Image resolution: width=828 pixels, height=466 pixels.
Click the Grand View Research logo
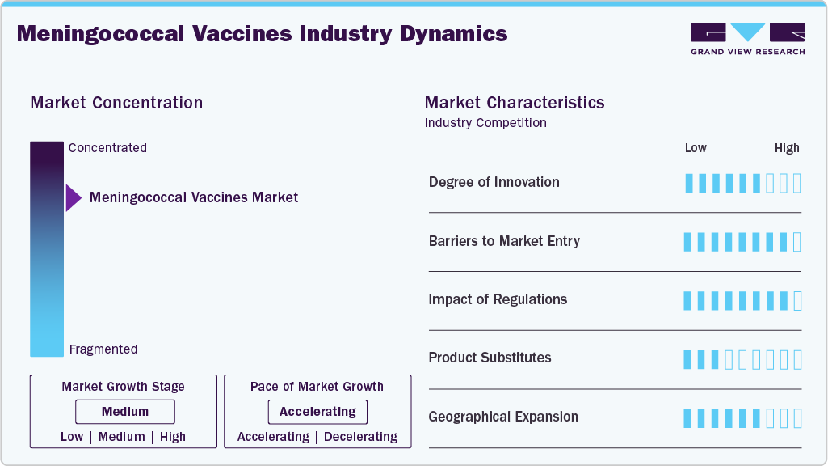tap(747, 39)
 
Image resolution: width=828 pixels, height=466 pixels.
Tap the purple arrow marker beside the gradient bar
tap(73, 197)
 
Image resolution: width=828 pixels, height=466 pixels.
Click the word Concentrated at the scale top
tap(107, 148)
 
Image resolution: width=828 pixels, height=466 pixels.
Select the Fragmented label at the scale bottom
tap(103, 349)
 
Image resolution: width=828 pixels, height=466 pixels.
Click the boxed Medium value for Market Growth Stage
tap(125, 412)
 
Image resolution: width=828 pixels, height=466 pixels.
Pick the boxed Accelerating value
tap(317, 412)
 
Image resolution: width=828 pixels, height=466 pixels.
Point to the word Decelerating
tap(360, 437)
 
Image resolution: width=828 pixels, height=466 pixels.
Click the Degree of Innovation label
tap(494, 182)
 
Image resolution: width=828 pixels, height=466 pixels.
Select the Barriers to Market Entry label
tap(504, 241)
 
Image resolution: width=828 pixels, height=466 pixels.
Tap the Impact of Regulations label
tap(498, 299)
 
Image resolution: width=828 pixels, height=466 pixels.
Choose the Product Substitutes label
tap(490, 358)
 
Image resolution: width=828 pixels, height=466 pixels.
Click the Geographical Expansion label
tap(503, 417)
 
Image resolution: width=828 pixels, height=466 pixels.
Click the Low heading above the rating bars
tap(696, 148)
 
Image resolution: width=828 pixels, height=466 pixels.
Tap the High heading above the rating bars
tap(787, 148)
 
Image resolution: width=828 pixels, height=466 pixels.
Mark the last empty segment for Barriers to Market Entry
tap(797, 242)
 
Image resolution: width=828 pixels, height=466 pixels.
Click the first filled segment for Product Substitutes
tap(688, 359)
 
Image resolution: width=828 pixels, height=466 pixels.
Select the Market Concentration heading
tap(116, 103)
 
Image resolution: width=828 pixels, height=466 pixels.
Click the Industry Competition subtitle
tap(485, 123)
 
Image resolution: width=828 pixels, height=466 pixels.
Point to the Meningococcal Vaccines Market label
tap(194, 197)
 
